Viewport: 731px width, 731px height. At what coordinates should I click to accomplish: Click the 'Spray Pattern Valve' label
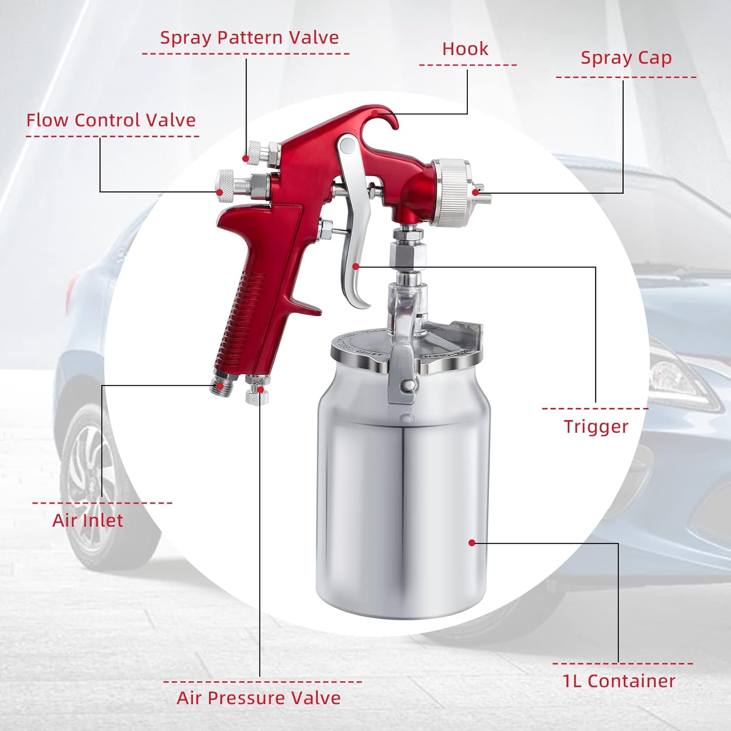[249, 38]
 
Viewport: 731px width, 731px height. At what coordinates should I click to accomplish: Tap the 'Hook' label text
[465, 49]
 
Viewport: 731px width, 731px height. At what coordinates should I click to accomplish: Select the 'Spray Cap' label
[626, 58]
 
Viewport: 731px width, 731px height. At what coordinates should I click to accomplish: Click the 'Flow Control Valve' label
[111, 120]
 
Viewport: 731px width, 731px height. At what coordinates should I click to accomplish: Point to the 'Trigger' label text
[596, 427]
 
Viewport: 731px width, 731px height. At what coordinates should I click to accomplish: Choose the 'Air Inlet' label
[88, 520]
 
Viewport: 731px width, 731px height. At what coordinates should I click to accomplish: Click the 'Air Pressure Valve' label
[258, 698]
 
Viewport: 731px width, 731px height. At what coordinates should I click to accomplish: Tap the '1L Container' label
[619, 681]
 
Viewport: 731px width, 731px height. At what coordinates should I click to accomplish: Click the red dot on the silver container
[471, 542]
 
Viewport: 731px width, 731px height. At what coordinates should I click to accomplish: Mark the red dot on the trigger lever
[356, 267]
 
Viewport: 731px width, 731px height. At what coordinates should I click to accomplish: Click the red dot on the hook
[375, 113]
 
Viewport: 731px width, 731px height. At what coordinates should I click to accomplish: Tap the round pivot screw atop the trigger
[347, 146]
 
